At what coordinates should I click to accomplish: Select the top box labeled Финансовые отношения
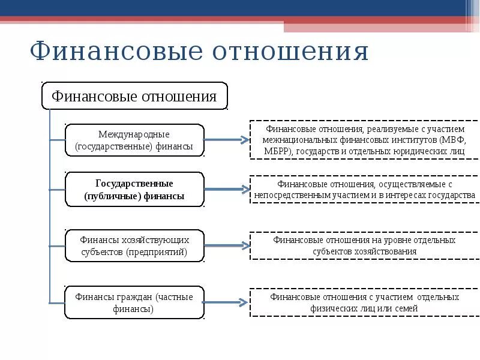pos(134,96)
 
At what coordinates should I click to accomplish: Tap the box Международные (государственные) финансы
pos(134,140)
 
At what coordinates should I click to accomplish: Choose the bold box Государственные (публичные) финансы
pos(134,189)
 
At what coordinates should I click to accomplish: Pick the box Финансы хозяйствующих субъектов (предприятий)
pos(134,245)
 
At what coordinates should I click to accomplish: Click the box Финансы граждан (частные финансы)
pos(134,302)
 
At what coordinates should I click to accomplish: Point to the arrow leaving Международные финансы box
pos(226,140)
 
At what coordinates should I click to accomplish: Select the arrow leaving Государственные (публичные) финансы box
pos(226,189)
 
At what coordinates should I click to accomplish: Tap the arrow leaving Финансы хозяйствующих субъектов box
pos(226,245)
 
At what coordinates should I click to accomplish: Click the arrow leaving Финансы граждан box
pos(226,302)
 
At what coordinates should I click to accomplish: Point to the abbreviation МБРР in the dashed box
pos(277,151)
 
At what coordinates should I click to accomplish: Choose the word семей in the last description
pos(406,308)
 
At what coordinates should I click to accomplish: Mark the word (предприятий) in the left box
pos(158,252)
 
